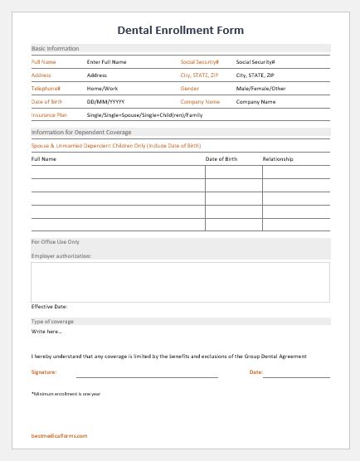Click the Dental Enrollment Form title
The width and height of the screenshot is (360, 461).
coord(180,31)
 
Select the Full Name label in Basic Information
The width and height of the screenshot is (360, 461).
coord(43,61)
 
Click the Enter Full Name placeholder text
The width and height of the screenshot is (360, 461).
coord(106,61)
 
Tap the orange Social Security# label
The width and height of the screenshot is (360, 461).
coord(200,61)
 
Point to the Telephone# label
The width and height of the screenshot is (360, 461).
coord(46,88)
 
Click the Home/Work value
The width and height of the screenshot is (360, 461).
coord(103,88)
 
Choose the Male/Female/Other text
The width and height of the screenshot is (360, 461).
coord(260,88)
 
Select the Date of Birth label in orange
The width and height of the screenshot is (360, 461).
coord(46,101)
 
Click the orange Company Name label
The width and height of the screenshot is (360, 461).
coord(201,101)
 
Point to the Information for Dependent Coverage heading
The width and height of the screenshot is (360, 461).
coord(81,132)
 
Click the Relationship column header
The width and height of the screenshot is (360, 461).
coord(278,158)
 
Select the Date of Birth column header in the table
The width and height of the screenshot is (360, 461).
coord(221,158)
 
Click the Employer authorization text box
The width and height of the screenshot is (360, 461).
coord(180,281)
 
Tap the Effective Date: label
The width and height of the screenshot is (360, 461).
coord(50,306)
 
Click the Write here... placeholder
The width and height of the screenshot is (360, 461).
coord(46,332)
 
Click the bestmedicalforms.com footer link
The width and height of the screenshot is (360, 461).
coord(59,435)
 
